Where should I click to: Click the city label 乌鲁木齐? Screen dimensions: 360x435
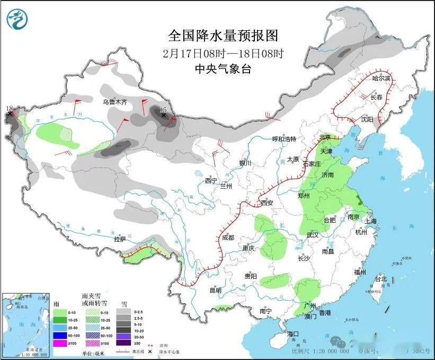click(115, 101)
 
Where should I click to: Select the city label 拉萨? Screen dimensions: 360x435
click(120, 239)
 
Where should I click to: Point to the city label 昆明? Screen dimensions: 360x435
click(215, 291)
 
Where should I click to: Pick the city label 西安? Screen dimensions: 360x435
click(267, 203)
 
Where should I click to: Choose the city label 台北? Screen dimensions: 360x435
click(381, 279)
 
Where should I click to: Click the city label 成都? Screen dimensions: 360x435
click(228, 238)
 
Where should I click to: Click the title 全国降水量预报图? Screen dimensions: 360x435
click(223, 36)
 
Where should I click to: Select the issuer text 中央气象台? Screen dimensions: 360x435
click(223, 69)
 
